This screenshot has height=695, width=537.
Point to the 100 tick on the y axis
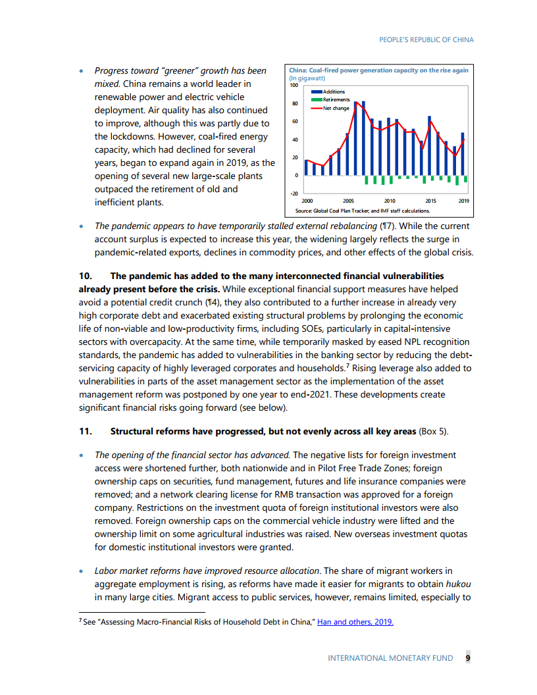[x=294, y=86]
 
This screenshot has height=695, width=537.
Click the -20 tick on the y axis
[x=294, y=193]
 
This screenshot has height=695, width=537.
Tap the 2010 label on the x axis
[x=389, y=200]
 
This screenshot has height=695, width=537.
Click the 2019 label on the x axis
[x=463, y=200]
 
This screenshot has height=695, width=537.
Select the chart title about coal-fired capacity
[x=378, y=70]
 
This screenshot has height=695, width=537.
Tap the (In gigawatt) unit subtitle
[x=307, y=78]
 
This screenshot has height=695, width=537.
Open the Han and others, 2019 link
[x=355, y=621]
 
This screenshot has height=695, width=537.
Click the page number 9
[x=467, y=657]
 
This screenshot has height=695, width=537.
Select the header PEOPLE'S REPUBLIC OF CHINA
[x=426, y=39]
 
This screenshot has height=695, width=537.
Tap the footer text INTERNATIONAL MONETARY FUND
[x=390, y=657]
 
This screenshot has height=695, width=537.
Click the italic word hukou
[x=459, y=584]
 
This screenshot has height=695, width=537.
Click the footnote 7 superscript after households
[x=348, y=365]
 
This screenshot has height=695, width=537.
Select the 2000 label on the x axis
[x=307, y=200]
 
